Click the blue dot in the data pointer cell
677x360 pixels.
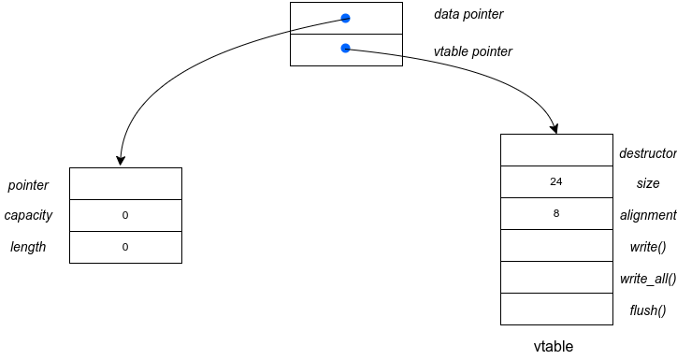point(345,18)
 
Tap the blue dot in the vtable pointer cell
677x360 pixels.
point(345,48)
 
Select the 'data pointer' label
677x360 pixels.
point(468,15)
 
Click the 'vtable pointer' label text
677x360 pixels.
point(473,51)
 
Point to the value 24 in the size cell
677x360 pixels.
point(556,182)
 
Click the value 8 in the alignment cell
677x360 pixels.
point(556,214)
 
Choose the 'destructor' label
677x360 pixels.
point(647,152)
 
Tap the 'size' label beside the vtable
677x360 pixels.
point(647,183)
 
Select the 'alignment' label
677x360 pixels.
point(647,215)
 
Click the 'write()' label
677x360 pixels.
point(647,247)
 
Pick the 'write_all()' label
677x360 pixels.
point(647,279)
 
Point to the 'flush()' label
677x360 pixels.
point(647,310)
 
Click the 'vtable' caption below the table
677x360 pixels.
point(554,346)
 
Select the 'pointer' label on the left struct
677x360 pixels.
point(28,185)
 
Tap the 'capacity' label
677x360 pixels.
point(28,215)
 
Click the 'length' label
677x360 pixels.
point(28,247)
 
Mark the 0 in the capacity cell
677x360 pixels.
point(125,215)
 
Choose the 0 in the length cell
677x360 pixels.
point(125,247)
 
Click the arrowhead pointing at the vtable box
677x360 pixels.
point(555,128)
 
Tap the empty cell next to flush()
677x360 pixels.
point(556,309)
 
